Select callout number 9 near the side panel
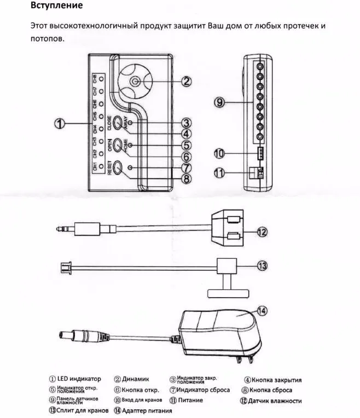(219, 102)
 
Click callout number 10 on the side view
(219, 153)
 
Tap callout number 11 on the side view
(219, 173)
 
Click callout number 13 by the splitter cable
(262, 265)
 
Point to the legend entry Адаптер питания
(146, 410)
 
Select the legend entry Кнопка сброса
(271, 390)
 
